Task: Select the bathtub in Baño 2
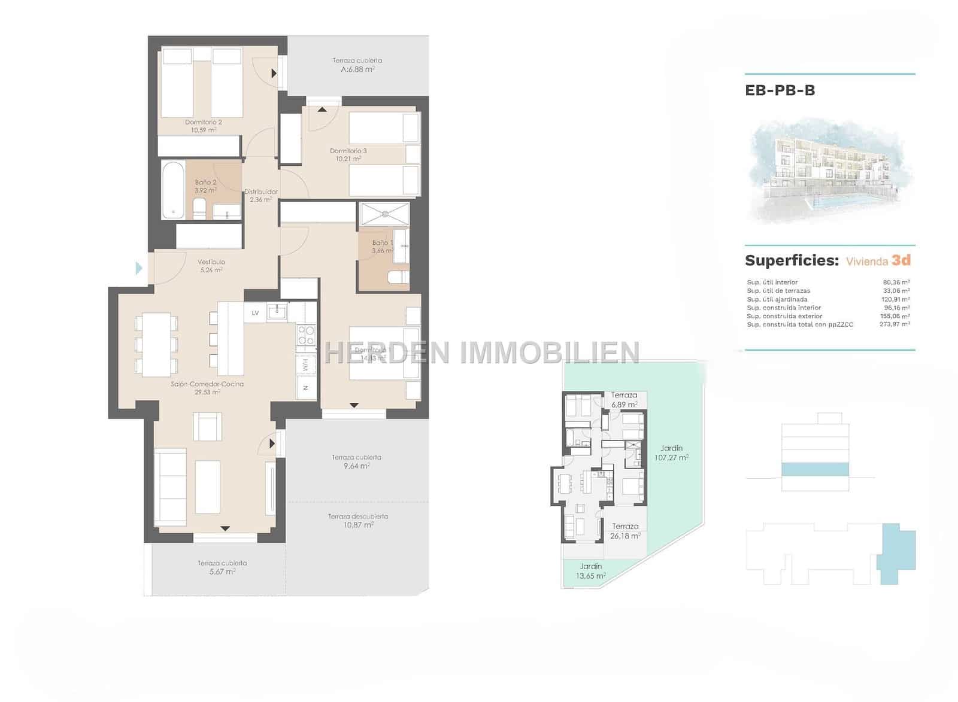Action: coord(173,190)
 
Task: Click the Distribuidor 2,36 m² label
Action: coord(260,196)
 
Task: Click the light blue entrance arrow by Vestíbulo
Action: coord(140,268)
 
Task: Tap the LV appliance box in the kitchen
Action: coord(255,313)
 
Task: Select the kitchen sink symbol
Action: coord(277,312)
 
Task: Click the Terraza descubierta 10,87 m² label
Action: coord(358,521)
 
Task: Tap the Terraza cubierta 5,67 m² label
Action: coord(222,567)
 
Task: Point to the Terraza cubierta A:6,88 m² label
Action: coord(357,65)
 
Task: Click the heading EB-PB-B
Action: coord(780,91)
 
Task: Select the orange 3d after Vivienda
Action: coord(901,260)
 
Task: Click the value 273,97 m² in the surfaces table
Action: coord(895,324)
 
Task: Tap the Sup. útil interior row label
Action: coord(772,282)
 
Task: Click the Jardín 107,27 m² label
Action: coord(671,452)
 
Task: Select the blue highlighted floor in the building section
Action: coord(815,469)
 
